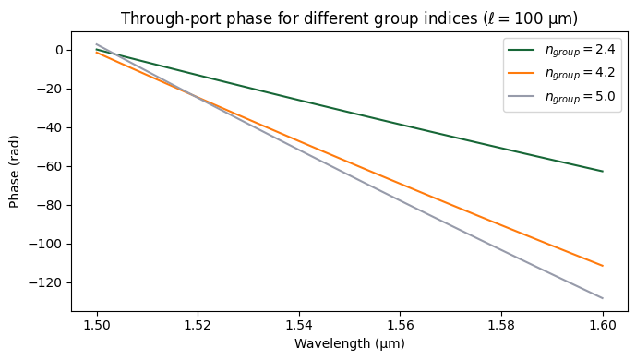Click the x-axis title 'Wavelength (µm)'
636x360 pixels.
click(350, 343)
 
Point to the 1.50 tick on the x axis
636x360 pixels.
click(97, 325)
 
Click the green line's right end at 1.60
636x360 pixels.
click(603, 171)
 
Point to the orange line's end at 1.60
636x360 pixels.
click(603, 266)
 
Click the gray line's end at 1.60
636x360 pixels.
click(603, 298)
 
